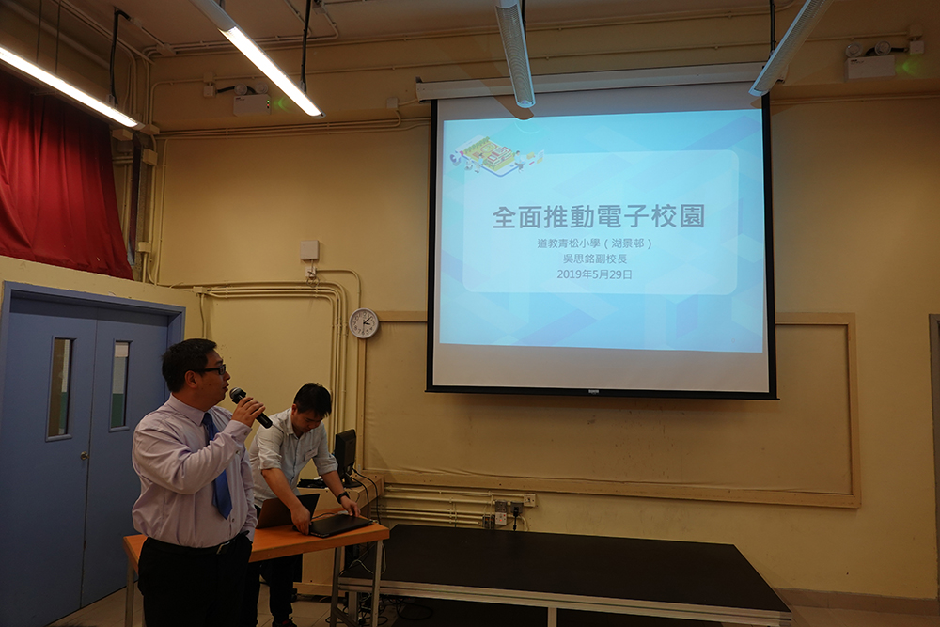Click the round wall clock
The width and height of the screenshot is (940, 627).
click(x=364, y=323)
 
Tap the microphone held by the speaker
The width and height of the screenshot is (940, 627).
click(x=251, y=407)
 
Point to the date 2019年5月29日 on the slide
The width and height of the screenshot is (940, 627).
click(x=594, y=274)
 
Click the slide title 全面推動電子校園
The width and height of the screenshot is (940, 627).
click(x=598, y=217)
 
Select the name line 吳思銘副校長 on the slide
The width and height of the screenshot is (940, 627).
click(x=594, y=259)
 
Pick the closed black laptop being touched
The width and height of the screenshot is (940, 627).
click(x=339, y=525)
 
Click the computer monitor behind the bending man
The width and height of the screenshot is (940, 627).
click(x=345, y=456)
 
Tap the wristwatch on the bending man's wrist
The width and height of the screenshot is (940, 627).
click(x=342, y=496)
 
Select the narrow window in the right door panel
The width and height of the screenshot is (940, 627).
click(x=120, y=384)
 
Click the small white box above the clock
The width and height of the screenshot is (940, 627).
click(x=309, y=251)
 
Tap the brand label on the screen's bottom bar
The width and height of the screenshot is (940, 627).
click(x=594, y=392)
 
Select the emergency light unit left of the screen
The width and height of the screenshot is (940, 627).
click(x=252, y=100)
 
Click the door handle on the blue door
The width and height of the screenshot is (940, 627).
click(x=85, y=456)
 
